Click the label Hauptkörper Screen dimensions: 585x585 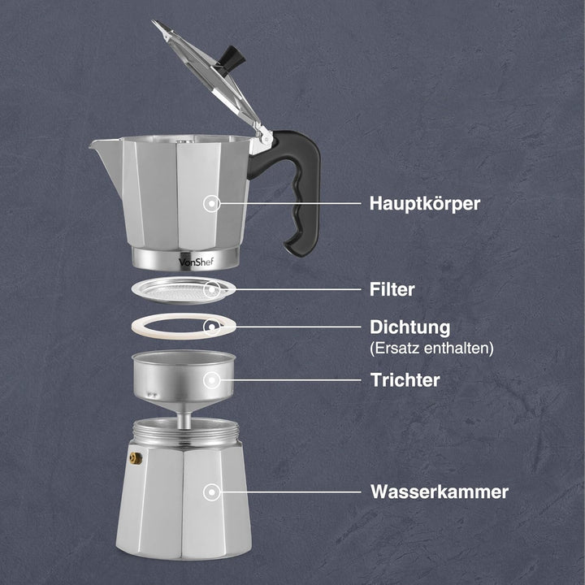pyautogui.click(x=425, y=203)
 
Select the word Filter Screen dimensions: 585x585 pyautogui.click(x=393, y=288)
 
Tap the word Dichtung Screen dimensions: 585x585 pyautogui.click(x=409, y=328)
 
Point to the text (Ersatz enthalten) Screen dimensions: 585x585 pyautogui.click(x=431, y=349)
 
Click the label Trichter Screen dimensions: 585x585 pyautogui.click(x=405, y=379)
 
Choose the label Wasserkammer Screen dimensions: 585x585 pyautogui.click(x=440, y=492)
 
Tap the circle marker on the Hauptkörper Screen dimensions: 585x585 pyautogui.click(x=212, y=203)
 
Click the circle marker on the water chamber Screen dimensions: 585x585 pyautogui.click(x=212, y=492)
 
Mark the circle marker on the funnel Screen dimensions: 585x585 pyautogui.click(x=212, y=379)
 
